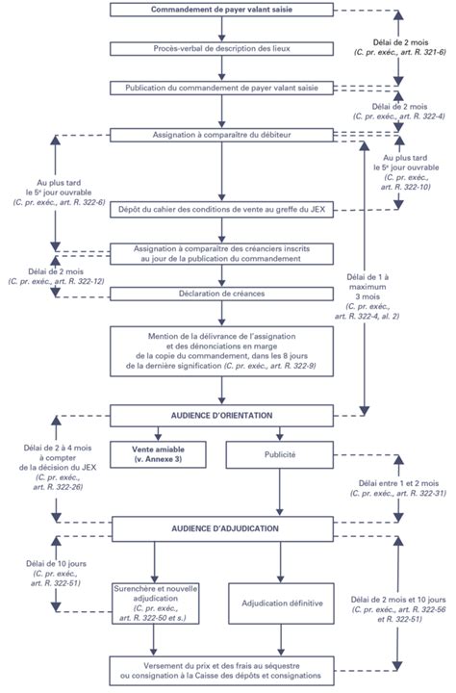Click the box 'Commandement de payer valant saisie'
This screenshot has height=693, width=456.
[x=221, y=10]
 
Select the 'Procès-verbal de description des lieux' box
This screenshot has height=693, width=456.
[x=221, y=48]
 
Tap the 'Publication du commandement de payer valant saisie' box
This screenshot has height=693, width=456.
[x=221, y=89]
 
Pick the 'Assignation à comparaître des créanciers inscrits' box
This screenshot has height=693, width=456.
[x=221, y=253]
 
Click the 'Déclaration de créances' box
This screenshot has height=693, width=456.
[x=221, y=294]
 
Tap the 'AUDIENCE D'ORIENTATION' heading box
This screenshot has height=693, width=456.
[x=221, y=415]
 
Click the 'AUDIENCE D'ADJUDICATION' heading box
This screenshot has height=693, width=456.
[x=221, y=528]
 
